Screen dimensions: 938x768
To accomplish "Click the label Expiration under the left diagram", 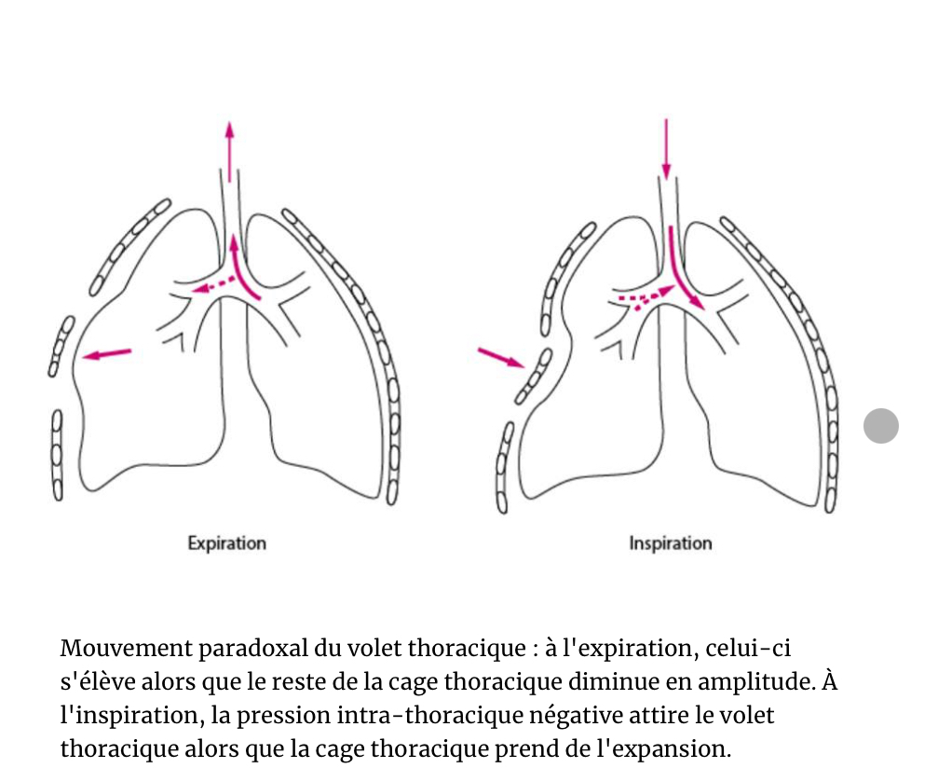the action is pos(226,542).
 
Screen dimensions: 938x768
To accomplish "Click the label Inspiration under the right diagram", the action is pos(670,542).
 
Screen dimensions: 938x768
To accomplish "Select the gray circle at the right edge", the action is pos(880,426).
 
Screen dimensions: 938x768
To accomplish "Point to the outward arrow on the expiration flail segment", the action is pos(106,353).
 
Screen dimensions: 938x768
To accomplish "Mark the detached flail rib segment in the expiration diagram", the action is pos(63,346).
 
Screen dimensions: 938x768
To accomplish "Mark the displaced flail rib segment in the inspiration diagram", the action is pos(534,376).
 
